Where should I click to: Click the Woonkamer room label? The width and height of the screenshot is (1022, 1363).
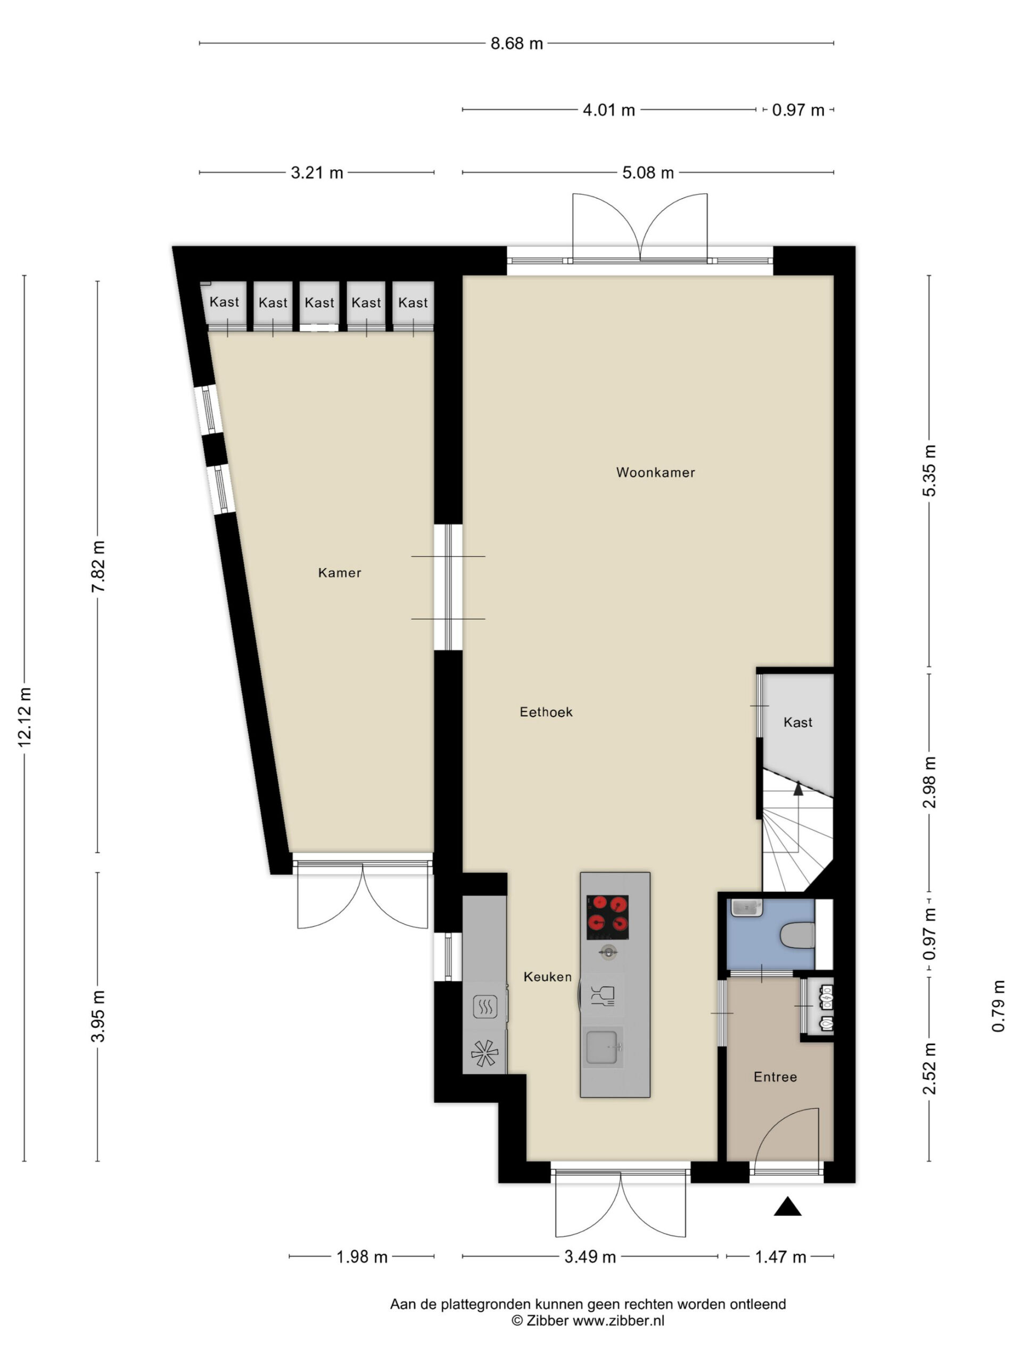coord(655,473)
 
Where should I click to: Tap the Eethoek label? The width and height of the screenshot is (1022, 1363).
coord(546,712)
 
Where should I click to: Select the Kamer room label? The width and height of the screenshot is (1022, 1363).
coord(340,572)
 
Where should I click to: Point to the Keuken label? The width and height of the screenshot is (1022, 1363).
coord(548,976)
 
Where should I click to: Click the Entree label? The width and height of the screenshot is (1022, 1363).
coord(775,1077)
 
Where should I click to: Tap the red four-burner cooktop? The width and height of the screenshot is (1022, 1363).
coord(607,916)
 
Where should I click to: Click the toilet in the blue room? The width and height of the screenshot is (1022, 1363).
coord(797,935)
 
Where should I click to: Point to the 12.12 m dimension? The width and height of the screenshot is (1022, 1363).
coord(24,717)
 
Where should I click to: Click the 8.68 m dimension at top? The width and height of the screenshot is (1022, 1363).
coord(516,43)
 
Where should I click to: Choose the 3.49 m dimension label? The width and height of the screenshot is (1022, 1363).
coord(590,1257)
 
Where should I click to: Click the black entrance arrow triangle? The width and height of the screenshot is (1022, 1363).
coord(787,1207)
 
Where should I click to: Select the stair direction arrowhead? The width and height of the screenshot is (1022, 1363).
coord(798,787)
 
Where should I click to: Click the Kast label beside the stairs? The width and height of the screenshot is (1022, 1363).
coord(798,722)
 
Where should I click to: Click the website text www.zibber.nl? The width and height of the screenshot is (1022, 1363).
coord(619,1320)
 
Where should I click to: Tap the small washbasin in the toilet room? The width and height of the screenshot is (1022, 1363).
coord(747,908)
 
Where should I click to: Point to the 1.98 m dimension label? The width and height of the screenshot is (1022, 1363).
coord(361,1257)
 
